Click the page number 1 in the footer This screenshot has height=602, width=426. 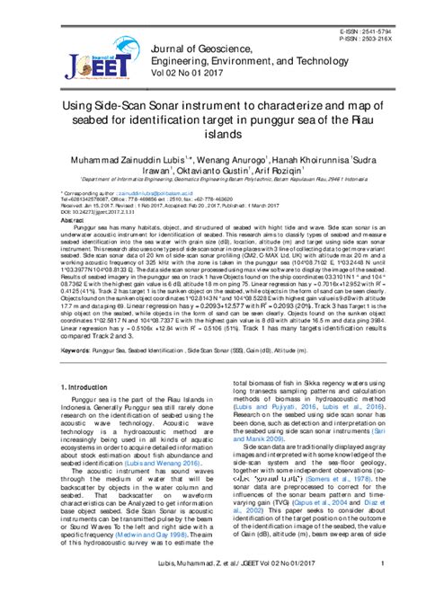tap(383, 588)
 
